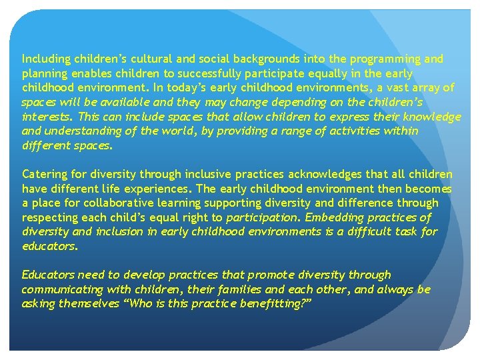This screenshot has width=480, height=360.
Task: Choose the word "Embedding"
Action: click(x=333, y=217)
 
